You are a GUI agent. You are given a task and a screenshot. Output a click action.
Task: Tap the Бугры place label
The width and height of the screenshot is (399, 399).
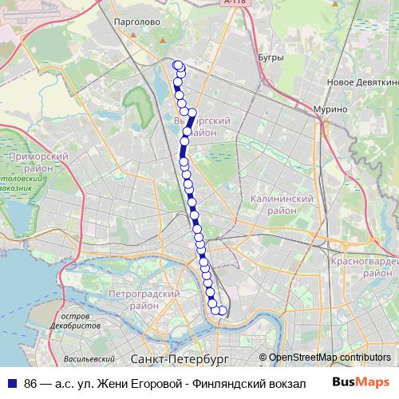point(271,57)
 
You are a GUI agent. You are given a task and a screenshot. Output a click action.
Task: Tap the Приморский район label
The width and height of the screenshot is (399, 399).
point(33,163)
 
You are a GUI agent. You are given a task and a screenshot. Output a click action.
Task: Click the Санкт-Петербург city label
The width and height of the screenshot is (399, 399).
point(179,360)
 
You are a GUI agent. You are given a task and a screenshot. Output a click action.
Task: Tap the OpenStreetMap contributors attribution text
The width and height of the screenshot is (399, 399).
point(330,358)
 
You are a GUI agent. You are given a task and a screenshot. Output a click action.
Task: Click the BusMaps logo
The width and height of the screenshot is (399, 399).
point(361,382)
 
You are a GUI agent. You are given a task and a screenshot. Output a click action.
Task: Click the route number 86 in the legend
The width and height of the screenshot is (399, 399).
point(31,383)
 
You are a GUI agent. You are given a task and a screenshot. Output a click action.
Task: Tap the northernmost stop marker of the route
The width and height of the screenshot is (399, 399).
point(177,65)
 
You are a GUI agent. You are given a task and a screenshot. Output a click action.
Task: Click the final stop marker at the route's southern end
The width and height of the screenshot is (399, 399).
point(223,311)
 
